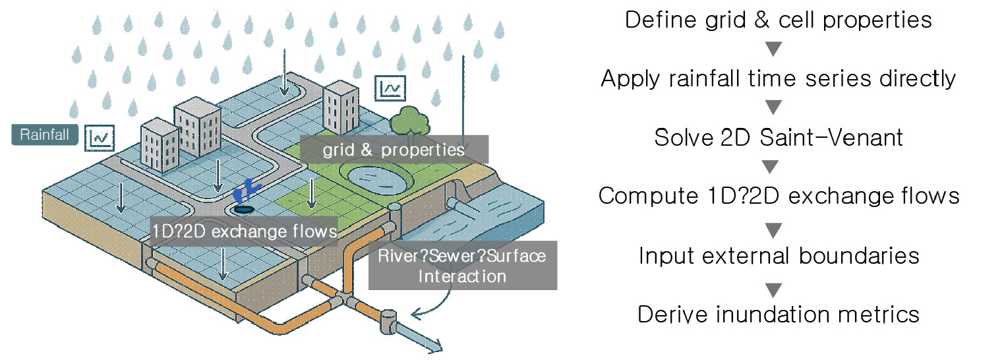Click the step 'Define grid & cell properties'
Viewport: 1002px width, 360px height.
[778, 20]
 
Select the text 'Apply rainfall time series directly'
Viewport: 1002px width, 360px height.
[778, 79]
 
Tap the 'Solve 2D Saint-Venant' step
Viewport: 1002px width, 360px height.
[778, 138]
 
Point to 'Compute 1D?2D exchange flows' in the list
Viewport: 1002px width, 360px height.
[778, 196]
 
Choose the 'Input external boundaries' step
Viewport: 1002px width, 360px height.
[778, 255]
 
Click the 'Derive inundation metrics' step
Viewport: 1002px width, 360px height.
[778, 314]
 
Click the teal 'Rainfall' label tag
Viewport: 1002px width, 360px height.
[45, 135]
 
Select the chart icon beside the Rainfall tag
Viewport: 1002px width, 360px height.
[100, 137]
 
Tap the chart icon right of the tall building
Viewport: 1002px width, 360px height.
[390, 87]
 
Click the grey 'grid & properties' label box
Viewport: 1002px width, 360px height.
[394, 150]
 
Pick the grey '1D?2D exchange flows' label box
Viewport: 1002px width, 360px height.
[245, 231]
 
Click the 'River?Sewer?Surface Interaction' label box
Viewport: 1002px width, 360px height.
[462, 265]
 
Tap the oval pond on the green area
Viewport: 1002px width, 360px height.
[369, 177]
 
